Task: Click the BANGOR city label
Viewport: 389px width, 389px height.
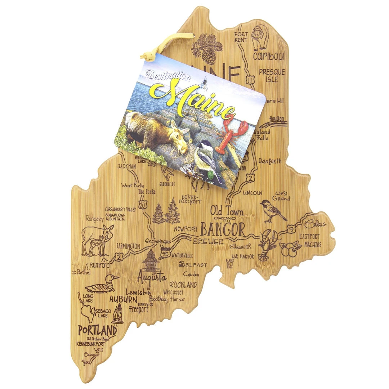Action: click(x=222, y=229)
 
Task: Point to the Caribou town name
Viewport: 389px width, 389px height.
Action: click(x=268, y=56)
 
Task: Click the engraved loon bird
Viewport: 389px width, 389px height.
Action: click(x=102, y=285)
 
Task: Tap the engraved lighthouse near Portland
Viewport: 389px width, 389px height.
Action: click(x=117, y=313)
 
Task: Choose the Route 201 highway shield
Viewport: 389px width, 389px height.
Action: click(x=144, y=205)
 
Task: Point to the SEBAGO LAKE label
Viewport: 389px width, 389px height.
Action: click(x=101, y=313)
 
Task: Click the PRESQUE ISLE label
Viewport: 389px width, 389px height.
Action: click(x=272, y=75)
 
